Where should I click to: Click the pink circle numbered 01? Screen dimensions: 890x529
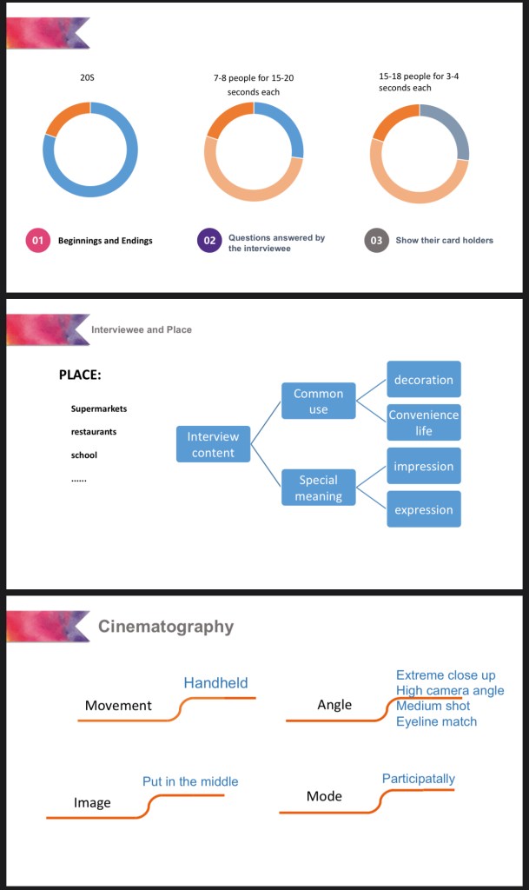pyautogui.click(x=37, y=240)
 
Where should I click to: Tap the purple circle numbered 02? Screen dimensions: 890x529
pyautogui.click(x=208, y=240)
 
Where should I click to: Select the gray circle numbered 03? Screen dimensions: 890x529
pyautogui.click(x=376, y=240)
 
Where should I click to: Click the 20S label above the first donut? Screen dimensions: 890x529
pyautogui.click(x=87, y=78)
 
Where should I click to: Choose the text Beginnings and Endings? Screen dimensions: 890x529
pyautogui.click(x=105, y=241)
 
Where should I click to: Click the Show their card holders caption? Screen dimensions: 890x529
pyautogui.click(x=444, y=241)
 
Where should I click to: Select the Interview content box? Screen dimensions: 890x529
pyautogui.click(x=213, y=444)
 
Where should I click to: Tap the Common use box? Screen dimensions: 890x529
pyautogui.click(x=318, y=401)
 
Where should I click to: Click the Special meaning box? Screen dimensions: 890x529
pyautogui.click(x=318, y=488)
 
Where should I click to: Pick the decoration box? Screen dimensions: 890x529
pyautogui.click(x=424, y=380)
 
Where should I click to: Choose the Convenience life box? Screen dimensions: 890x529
pyautogui.click(x=424, y=422)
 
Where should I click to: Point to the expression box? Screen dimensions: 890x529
pyautogui.click(x=424, y=509)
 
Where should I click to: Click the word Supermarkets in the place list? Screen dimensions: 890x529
pyautogui.click(x=99, y=408)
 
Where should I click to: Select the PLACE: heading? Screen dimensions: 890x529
pyautogui.click(x=80, y=375)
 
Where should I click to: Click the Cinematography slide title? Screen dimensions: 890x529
pyautogui.click(x=165, y=626)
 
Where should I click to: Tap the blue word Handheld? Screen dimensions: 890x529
pyautogui.click(x=215, y=683)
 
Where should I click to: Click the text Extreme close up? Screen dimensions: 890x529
pyautogui.click(x=446, y=675)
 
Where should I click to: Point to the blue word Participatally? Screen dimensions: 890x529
pyautogui.click(x=418, y=779)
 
